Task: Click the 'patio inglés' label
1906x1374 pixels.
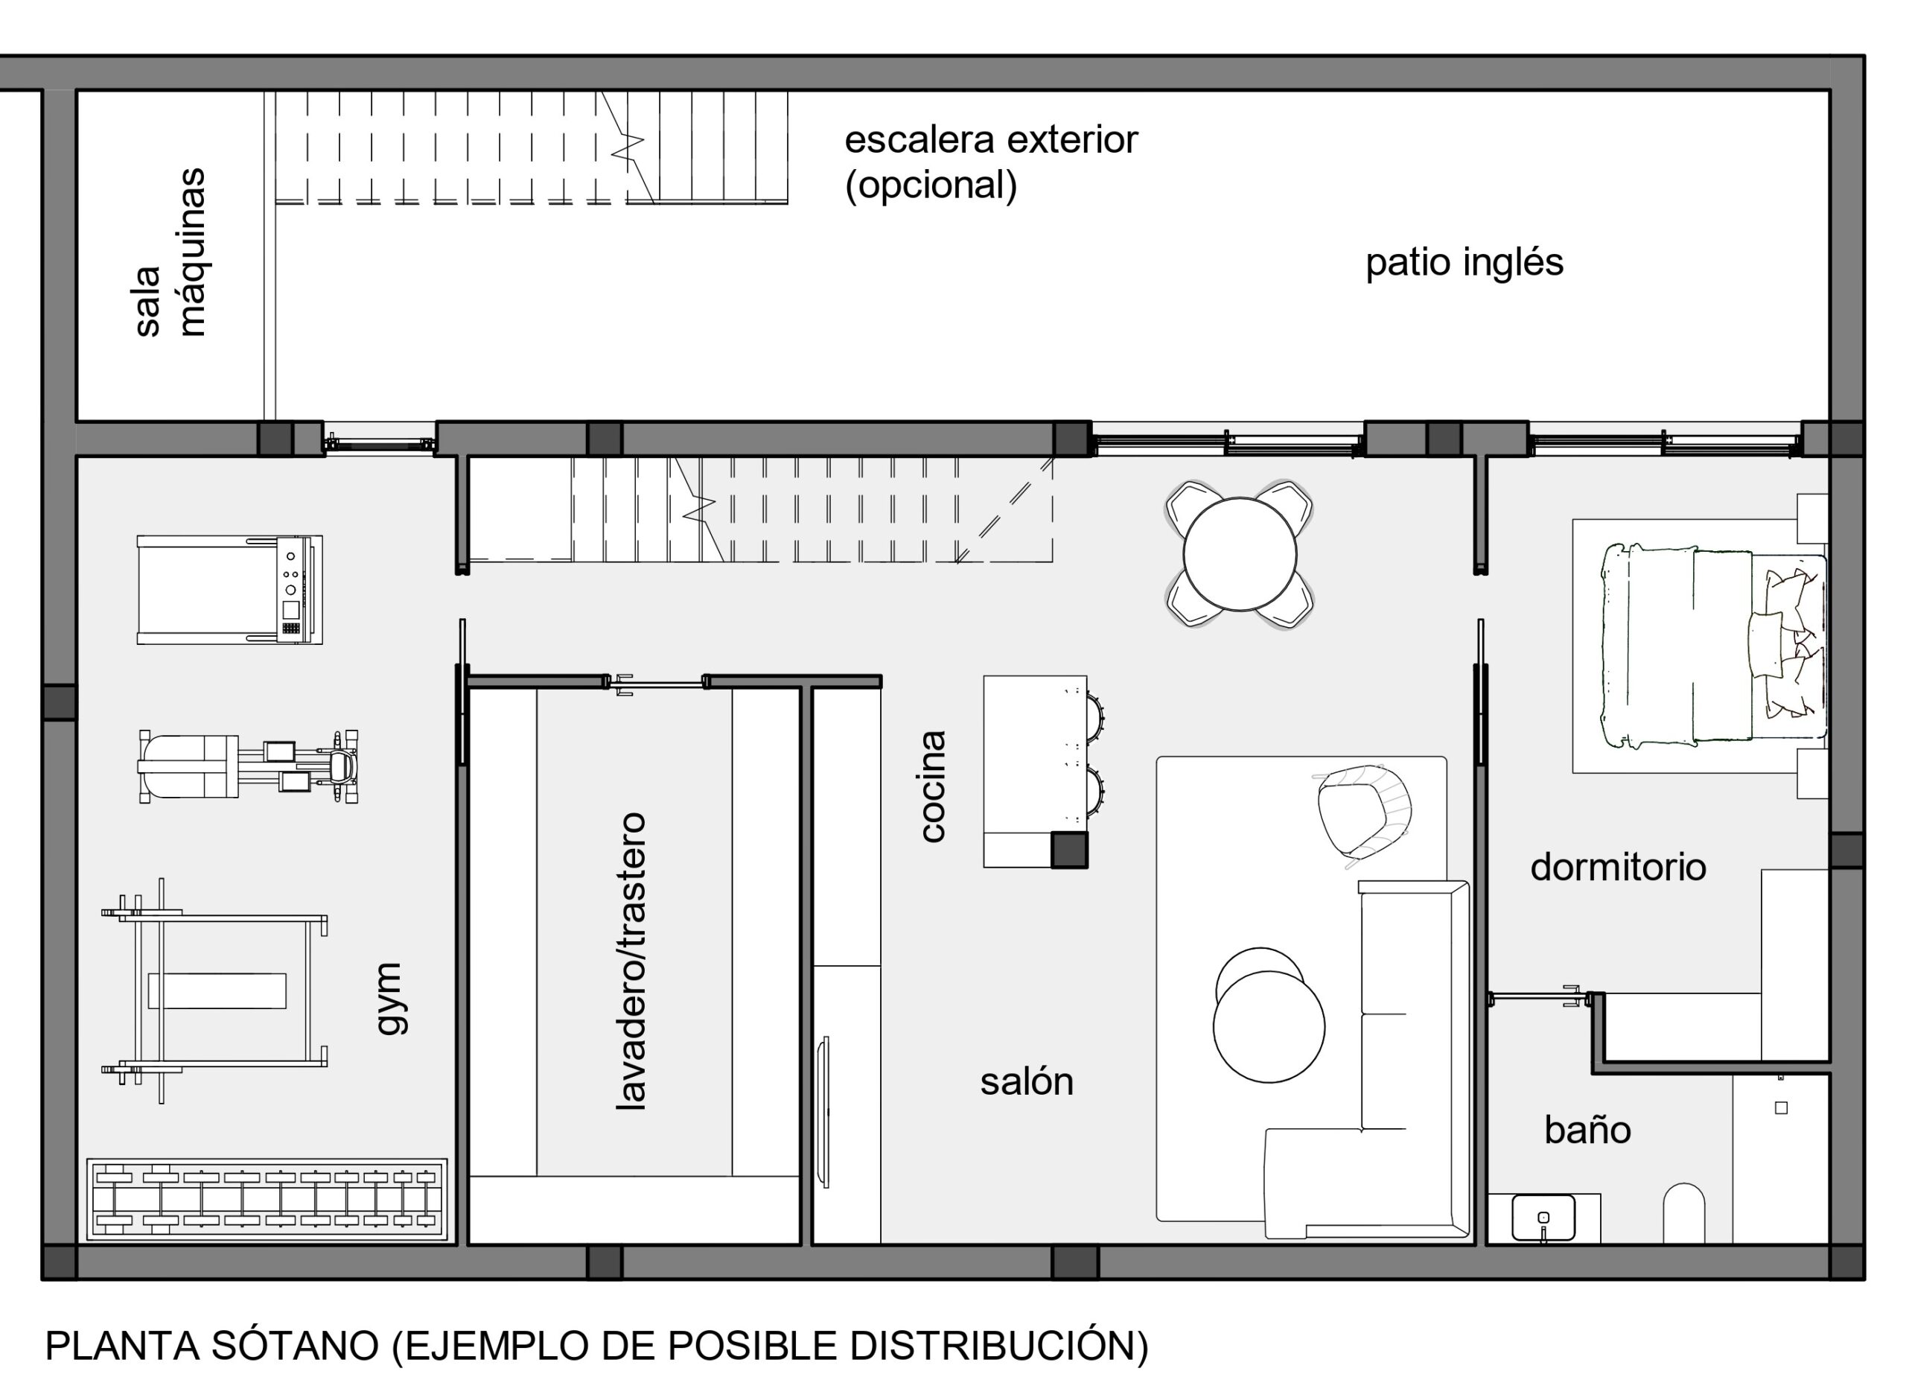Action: (x=1464, y=263)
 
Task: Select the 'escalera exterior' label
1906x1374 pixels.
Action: (x=991, y=139)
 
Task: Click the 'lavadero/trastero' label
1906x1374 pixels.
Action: (x=631, y=961)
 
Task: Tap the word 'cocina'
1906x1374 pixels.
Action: (x=933, y=786)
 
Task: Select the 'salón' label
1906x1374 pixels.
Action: (x=1026, y=1081)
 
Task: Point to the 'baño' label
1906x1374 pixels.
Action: (x=1587, y=1130)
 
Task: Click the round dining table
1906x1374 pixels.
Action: (x=1240, y=555)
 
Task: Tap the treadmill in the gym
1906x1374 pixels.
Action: (x=229, y=590)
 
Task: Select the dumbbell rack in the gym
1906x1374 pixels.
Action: (x=267, y=1199)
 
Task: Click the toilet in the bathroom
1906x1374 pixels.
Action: (x=1684, y=1213)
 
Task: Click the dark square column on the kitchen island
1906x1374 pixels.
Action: (x=1069, y=850)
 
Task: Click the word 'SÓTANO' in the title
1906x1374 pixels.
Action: (x=295, y=1346)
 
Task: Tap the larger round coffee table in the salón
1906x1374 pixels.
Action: (x=1269, y=1027)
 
